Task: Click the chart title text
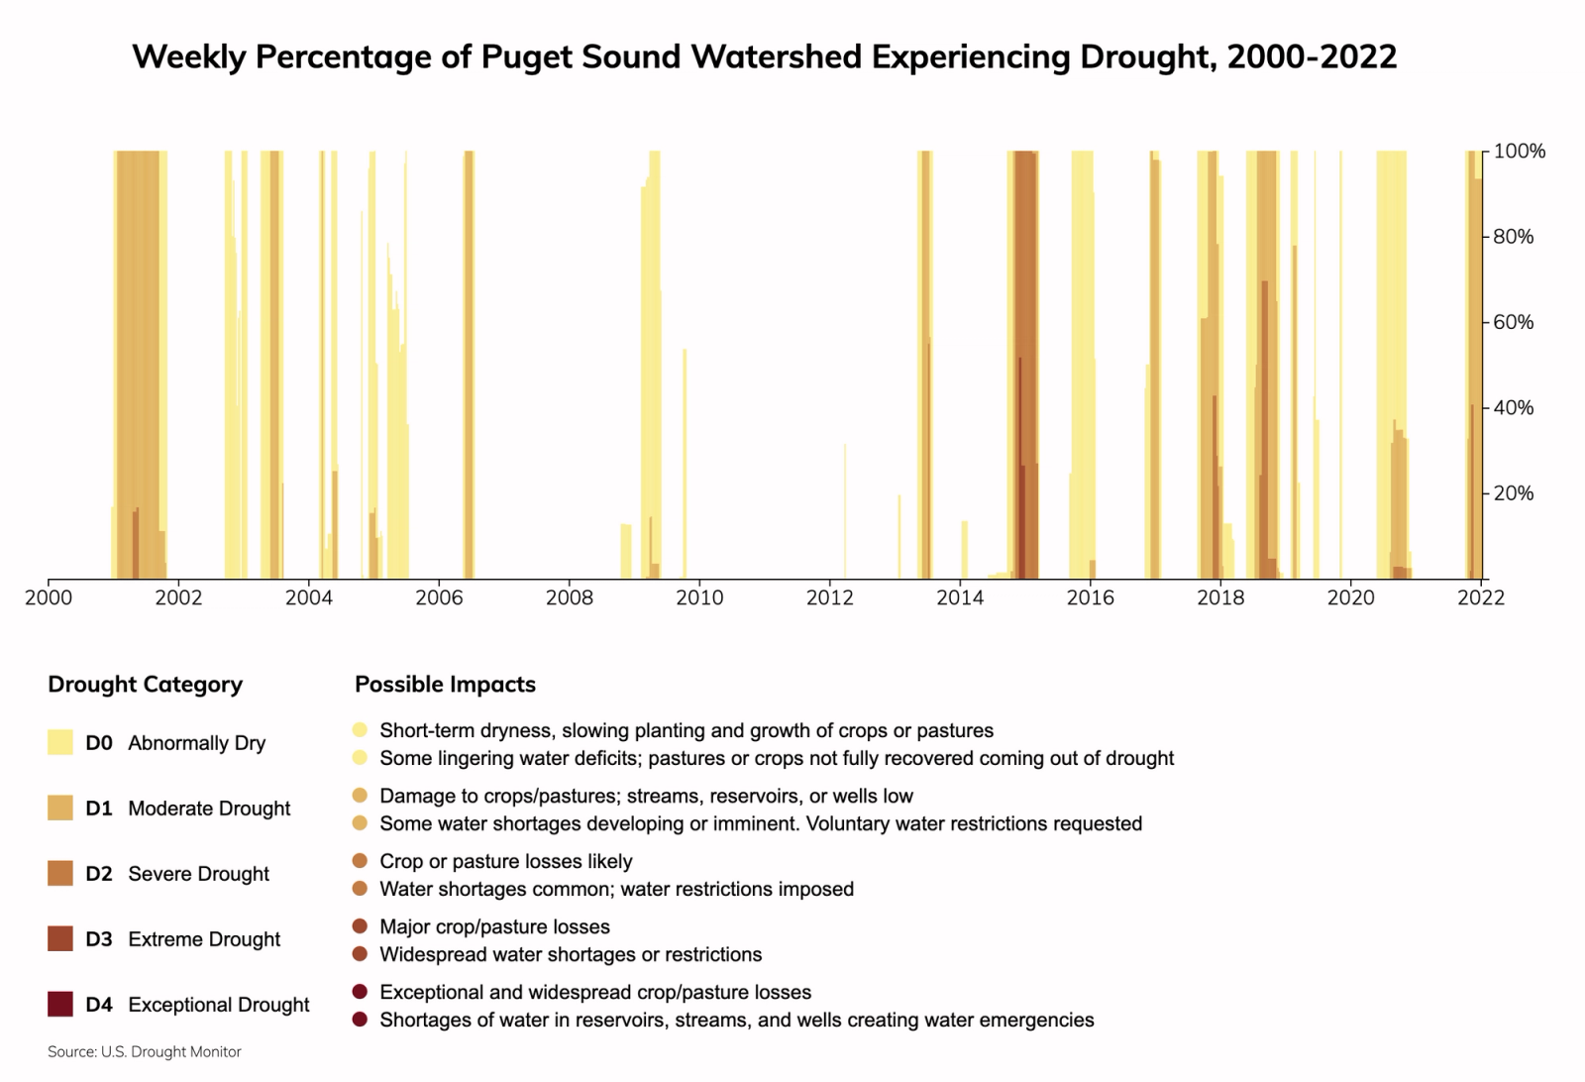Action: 764,56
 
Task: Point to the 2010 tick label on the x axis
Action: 699,597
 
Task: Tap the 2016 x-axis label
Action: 1090,597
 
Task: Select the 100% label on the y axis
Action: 1519,152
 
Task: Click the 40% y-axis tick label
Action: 1513,407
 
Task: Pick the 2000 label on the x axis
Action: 48,597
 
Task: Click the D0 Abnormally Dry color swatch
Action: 60,743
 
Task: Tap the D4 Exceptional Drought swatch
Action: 60,1005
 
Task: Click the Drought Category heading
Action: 145,685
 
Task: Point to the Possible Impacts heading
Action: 445,685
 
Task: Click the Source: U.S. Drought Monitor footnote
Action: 145,1051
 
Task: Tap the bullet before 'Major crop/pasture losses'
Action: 360,926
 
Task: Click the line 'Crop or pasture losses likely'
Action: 505,861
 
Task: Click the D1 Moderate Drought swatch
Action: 60,809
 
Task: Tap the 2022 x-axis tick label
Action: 1480,597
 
